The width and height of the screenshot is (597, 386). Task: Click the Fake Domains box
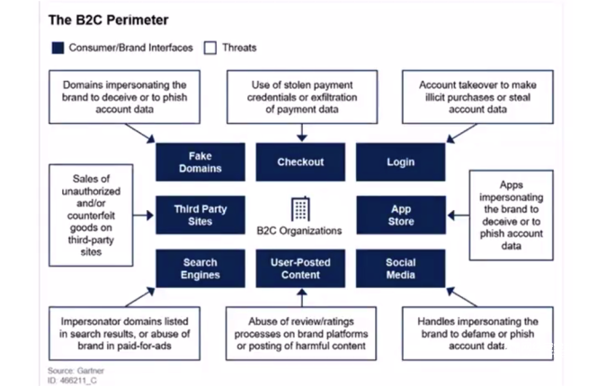[200, 162]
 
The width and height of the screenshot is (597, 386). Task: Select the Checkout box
[300, 162]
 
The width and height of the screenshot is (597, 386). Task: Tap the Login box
[400, 162]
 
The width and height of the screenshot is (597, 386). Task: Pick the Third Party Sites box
[200, 215]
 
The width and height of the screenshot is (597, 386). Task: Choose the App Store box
[401, 215]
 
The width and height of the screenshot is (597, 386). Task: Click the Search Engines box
[200, 268]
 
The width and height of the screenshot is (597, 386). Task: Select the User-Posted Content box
[300, 268]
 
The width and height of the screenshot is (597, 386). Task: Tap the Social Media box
[400, 268]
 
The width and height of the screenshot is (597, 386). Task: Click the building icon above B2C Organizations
[300, 209]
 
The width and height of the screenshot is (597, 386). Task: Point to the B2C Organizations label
[299, 231]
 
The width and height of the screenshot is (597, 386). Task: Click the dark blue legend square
[58, 48]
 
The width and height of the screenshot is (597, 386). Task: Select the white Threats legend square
[210, 48]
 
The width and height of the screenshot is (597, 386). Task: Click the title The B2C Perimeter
[109, 20]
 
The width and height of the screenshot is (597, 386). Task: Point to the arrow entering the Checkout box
[302, 133]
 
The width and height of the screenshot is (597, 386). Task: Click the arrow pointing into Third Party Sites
[144, 215]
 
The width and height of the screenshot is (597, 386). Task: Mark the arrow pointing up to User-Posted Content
[302, 297]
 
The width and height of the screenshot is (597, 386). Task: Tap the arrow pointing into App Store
[458, 215]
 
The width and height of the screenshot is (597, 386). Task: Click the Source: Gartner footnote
[76, 371]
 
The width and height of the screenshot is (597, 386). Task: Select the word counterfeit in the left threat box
[91, 215]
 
